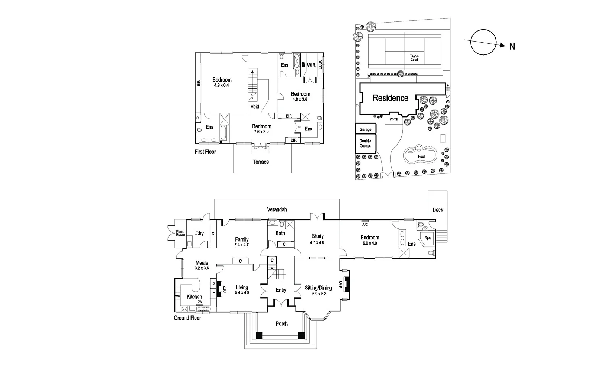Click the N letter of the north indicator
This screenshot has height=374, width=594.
click(512, 46)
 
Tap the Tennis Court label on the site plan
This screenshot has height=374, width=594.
click(414, 58)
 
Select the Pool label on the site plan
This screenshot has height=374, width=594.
click(421, 156)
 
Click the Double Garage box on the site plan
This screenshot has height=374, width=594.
click(365, 143)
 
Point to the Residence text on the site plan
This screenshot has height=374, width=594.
click(390, 98)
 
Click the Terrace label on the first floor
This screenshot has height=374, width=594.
click(261, 162)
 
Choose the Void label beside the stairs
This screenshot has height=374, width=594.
click(255, 107)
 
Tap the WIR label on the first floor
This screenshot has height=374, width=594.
click(311, 65)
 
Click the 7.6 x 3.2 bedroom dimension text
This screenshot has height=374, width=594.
click(261, 132)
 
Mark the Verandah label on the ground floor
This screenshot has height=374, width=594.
click(277, 209)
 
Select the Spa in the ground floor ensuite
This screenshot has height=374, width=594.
click(428, 238)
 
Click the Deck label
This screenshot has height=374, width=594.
click(438, 210)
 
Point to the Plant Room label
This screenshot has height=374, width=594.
click(180, 233)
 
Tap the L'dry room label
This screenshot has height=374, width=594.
click(199, 233)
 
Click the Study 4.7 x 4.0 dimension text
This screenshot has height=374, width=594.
click(317, 242)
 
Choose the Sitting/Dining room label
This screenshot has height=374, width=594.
click(318, 288)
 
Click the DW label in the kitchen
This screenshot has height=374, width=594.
click(200, 302)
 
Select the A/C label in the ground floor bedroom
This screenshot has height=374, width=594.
click(365, 225)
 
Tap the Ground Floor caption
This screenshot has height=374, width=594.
click(187, 318)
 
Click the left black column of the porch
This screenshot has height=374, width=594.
click(259, 335)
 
